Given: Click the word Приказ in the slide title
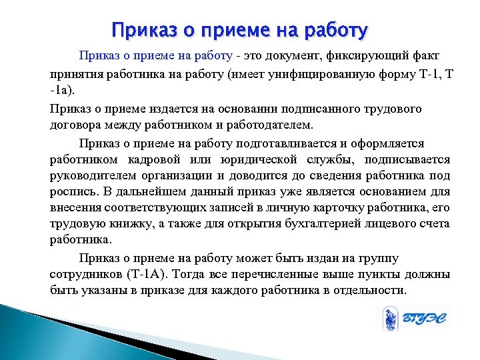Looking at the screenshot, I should click(x=140, y=31).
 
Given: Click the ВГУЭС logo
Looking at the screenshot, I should click(x=415, y=319).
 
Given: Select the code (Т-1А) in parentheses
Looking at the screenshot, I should click(x=155, y=274).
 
